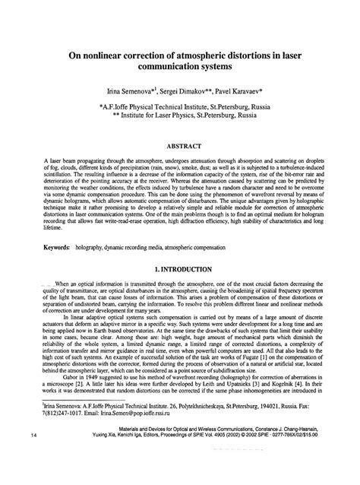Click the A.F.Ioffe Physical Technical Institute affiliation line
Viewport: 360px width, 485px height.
pos(179,108)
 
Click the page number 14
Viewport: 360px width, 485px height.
pos(35,456)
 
